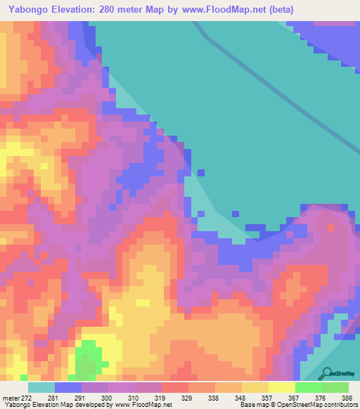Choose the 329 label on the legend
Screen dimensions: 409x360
187,398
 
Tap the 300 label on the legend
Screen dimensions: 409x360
107,398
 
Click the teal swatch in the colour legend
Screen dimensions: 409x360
41,387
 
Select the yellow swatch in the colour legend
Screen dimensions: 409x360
282,387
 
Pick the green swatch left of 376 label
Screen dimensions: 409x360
309,387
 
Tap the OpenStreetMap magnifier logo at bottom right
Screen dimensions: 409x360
326,373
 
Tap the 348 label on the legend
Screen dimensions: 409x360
240,398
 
